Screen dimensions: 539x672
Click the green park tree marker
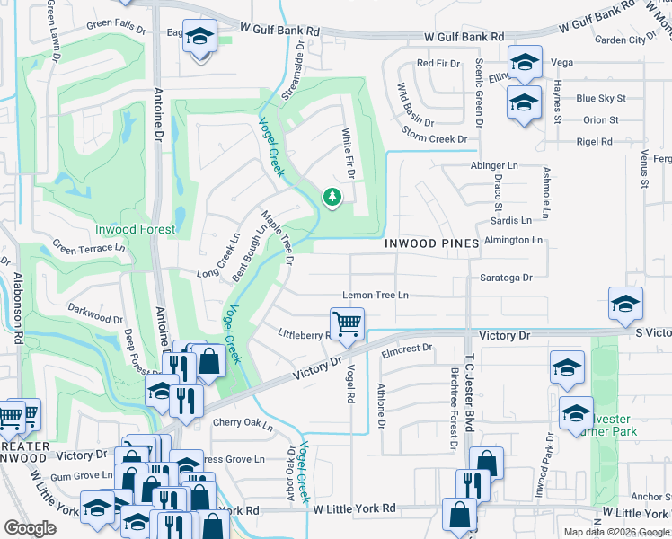[332, 197]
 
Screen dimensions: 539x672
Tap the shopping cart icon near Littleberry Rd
[346, 323]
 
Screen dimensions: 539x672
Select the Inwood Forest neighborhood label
[136, 229]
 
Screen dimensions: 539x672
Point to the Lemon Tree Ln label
[375, 296]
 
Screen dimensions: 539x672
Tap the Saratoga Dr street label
[507, 278]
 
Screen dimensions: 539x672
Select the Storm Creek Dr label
[436, 139]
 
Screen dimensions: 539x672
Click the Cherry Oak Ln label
[242, 422]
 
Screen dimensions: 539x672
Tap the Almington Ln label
[513, 240]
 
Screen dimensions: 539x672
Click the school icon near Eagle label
[200, 37]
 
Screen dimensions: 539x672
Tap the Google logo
[30, 528]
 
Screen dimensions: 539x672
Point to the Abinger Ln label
[494, 166]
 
